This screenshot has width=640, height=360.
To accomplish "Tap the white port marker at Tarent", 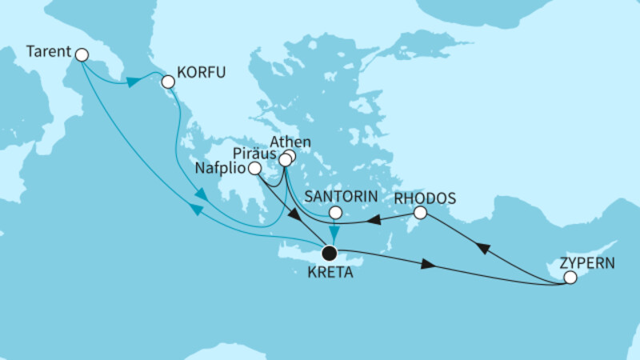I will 80,54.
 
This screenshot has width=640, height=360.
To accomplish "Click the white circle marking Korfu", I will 168,82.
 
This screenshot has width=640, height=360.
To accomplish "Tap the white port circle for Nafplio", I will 254,169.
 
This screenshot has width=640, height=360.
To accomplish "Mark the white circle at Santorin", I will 336,214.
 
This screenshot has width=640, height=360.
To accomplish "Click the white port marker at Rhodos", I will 421,213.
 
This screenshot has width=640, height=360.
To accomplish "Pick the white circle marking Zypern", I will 570,278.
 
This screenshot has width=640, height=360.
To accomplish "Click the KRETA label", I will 327,273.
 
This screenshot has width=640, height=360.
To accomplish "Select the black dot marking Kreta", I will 328,254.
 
